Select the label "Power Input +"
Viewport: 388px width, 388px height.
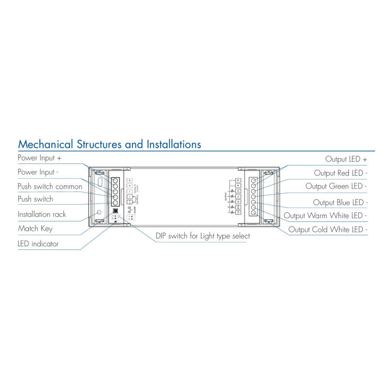[x=39, y=158]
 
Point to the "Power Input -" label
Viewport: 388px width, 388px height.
[x=38, y=172]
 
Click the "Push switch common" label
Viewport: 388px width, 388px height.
[x=50, y=186]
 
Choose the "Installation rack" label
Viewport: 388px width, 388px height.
[x=42, y=214]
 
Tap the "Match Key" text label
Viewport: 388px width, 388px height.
[x=35, y=228]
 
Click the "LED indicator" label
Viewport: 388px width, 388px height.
[x=38, y=243]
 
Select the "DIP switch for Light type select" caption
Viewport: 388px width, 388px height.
[x=203, y=236]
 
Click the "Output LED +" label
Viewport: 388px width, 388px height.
[x=346, y=159]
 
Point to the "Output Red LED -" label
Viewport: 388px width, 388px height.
[x=340, y=173]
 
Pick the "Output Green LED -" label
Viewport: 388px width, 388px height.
[x=336, y=186]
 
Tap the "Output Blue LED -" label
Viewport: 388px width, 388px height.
[x=340, y=202]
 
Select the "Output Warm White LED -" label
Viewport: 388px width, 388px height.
[x=325, y=215]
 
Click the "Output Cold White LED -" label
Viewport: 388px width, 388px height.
[x=328, y=229]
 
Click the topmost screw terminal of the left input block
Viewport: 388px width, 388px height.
[x=115, y=180]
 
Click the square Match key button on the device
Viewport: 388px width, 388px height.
[x=115, y=211]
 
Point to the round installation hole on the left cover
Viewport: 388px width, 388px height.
[x=99, y=212]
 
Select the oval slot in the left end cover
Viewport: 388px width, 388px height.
[x=99, y=182]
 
